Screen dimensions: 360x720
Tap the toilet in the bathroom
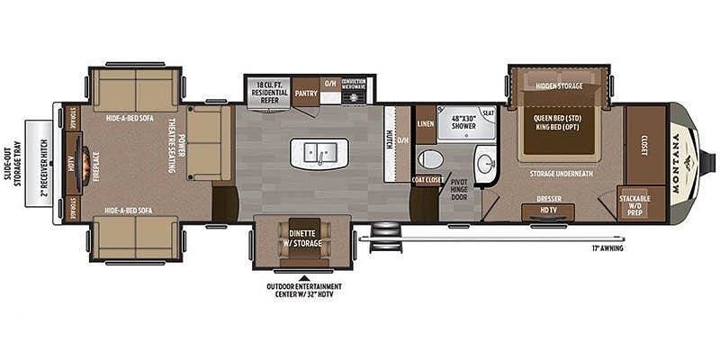point(430,160)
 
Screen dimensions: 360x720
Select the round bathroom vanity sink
point(485,164)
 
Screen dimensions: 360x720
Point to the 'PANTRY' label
point(305,91)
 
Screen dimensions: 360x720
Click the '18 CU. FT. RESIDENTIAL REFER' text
point(268,91)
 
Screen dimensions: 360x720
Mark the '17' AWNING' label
point(608,247)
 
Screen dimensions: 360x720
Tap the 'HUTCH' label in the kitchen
point(389,140)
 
